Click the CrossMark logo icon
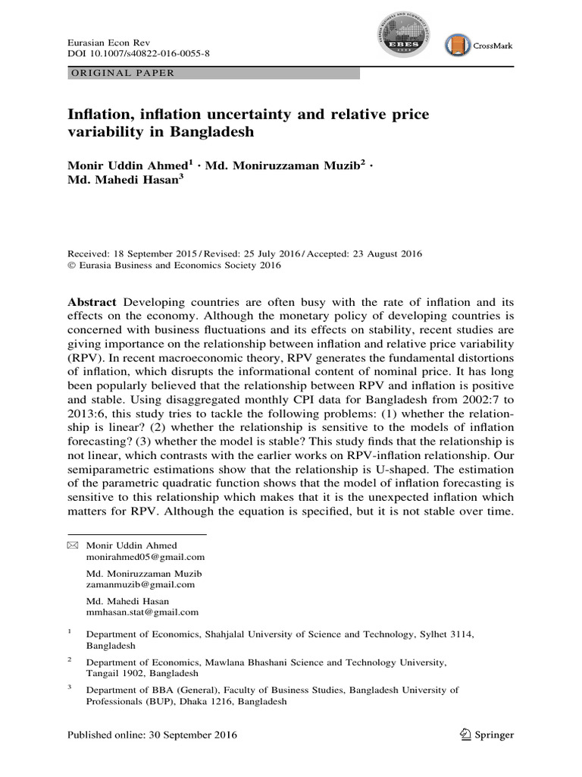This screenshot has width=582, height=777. pos(457,46)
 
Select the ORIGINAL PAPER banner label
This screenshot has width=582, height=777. pos(123,73)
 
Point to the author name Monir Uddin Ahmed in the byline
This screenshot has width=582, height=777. pos(127,164)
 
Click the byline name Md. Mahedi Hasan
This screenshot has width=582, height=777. pos(121,181)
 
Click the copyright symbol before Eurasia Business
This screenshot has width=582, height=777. pos(72,266)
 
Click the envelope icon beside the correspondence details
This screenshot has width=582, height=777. pos(73,546)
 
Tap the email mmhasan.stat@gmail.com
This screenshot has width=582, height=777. pos(142,612)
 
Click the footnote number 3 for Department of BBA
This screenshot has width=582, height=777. pos(70,687)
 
